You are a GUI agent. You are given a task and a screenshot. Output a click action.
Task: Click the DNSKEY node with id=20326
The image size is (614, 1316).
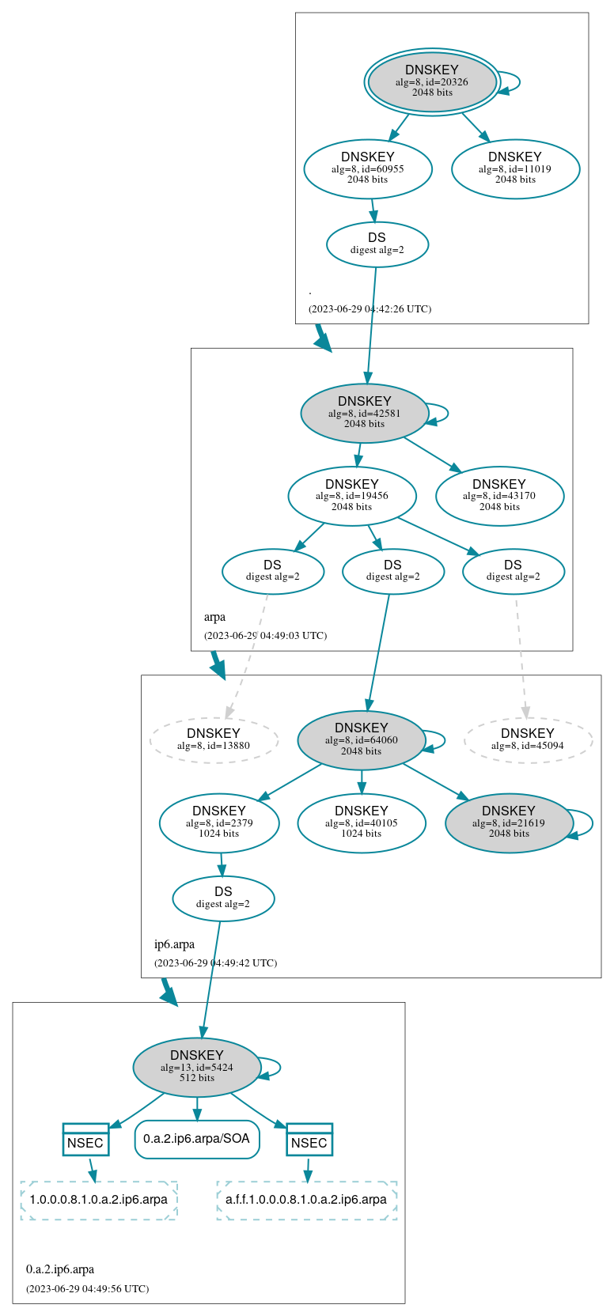click(x=432, y=81)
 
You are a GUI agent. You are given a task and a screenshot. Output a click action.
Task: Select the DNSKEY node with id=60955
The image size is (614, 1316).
click(x=368, y=168)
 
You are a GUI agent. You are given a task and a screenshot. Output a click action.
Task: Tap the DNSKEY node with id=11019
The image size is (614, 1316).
click(x=515, y=168)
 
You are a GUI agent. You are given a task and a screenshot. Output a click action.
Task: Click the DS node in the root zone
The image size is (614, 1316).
click(x=377, y=244)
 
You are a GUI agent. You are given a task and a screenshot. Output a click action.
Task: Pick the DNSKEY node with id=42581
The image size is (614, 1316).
click(x=365, y=413)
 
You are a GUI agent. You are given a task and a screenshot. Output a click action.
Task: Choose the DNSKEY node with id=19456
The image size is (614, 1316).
click(x=352, y=496)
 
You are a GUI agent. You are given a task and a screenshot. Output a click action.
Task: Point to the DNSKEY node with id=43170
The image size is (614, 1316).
click(x=499, y=496)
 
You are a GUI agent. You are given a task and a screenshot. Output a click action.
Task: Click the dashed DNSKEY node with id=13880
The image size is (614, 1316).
click(x=214, y=740)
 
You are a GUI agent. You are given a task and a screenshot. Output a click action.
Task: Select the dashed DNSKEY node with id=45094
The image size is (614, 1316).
click(x=528, y=740)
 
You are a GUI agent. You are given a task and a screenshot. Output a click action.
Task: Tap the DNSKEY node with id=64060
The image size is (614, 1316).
click(x=362, y=740)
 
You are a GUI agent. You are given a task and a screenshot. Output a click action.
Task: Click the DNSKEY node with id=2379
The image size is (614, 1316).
click(x=219, y=822)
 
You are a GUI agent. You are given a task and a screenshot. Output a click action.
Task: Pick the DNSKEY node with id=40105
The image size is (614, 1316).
click(x=362, y=822)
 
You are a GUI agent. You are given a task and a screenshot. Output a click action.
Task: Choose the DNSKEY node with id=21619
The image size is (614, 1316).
click(x=509, y=822)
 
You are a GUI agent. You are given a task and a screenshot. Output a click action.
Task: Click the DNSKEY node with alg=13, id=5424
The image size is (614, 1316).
click(x=197, y=1067)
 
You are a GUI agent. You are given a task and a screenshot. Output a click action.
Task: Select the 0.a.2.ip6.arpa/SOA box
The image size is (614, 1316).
click(x=197, y=1139)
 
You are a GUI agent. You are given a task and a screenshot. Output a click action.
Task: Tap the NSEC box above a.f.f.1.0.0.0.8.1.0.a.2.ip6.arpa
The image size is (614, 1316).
click(x=309, y=1140)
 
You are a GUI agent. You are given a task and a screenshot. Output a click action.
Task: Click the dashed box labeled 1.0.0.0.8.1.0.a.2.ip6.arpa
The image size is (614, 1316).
click(x=99, y=1200)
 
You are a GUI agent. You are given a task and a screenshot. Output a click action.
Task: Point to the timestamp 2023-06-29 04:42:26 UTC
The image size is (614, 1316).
click(x=370, y=309)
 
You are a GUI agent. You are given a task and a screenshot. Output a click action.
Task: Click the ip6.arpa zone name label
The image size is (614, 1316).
click(x=174, y=944)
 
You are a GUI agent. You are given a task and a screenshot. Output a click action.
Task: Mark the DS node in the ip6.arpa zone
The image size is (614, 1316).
click(x=223, y=898)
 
